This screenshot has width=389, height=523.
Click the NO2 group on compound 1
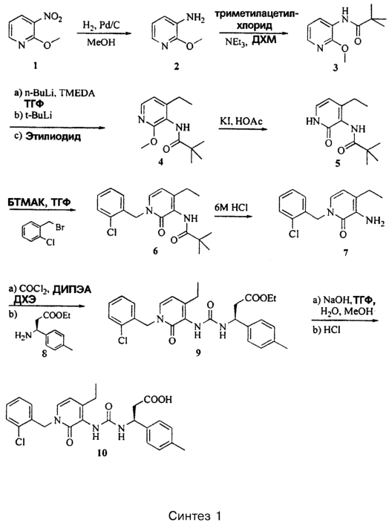[53, 19]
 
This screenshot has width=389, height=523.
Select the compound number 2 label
[176, 66]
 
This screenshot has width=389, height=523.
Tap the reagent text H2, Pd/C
[100, 25]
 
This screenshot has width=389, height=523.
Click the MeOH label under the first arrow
[101, 42]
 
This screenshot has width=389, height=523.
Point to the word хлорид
[255, 25]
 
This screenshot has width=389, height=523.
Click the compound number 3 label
[336, 68]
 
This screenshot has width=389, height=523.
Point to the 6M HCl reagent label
[231, 207]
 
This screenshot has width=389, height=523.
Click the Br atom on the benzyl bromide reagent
[60, 228]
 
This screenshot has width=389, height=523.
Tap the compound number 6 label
[155, 251]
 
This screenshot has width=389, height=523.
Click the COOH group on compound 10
[157, 399]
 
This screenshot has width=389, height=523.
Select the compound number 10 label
[103, 453]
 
